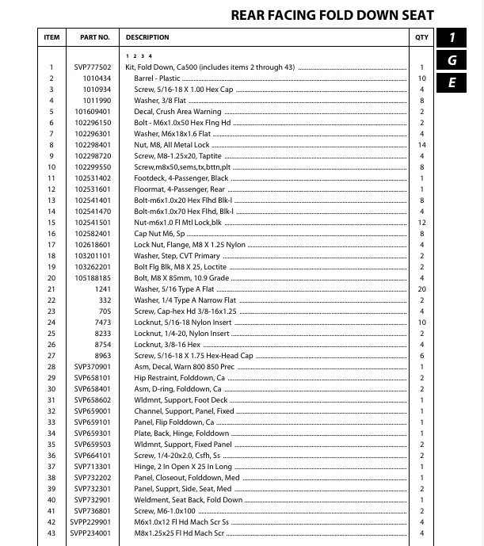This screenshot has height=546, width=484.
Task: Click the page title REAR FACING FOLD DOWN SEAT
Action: pyautogui.click(x=332, y=15)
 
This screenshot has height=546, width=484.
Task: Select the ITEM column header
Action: pyautogui.click(x=51, y=37)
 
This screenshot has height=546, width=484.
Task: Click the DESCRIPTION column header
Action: pyautogui.click(x=147, y=37)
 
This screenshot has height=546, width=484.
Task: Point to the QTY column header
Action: pyautogui.click(x=421, y=37)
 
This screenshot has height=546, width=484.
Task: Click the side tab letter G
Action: pyautogui.click(x=452, y=60)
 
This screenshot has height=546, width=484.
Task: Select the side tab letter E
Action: pyautogui.click(x=452, y=82)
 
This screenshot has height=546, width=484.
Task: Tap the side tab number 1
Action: pyautogui.click(x=452, y=37)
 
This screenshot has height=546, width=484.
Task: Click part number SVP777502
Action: pyautogui.click(x=93, y=67)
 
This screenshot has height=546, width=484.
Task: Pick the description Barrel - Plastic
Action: pyautogui.click(x=158, y=78)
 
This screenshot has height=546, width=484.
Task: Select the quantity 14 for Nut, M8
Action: pyautogui.click(x=422, y=145)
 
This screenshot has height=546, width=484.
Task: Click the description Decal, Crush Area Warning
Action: pyautogui.click(x=177, y=112)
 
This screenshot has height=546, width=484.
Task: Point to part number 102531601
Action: pyautogui.click(x=93, y=189)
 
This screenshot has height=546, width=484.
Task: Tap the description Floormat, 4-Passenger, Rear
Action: pyautogui.click(x=179, y=189)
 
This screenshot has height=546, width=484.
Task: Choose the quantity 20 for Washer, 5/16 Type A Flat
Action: pyautogui.click(x=422, y=289)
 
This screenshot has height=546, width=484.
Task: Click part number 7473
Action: pyautogui.click(x=104, y=323)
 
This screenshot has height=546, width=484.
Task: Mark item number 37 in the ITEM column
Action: pyautogui.click(x=51, y=467)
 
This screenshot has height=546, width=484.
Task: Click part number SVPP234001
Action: pyautogui.click(x=93, y=533)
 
